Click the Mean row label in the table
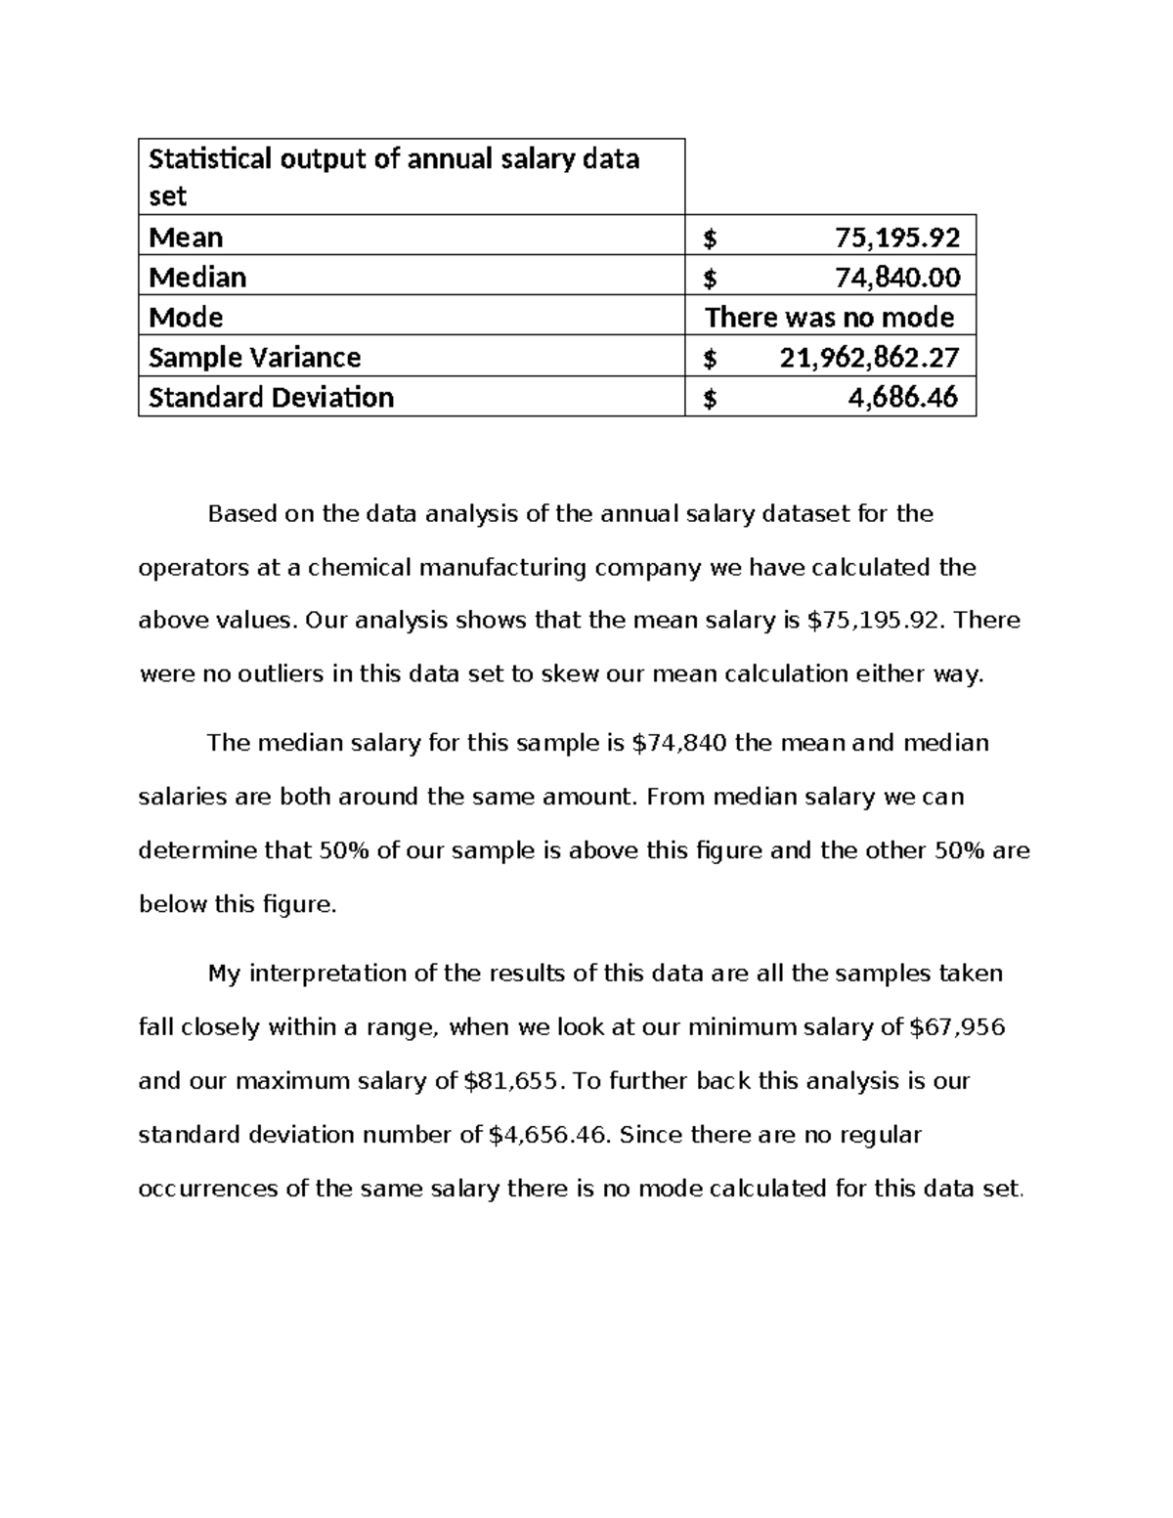(186, 238)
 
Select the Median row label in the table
(197, 278)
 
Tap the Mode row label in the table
(186, 318)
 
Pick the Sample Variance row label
(254, 358)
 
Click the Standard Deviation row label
(271, 398)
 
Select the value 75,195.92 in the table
(896, 238)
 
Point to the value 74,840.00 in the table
(896, 278)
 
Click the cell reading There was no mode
(829, 318)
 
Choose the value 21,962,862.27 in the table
(869, 358)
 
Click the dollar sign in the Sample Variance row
(710, 359)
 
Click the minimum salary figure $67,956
(957, 1027)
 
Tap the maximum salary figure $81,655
(512, 1081)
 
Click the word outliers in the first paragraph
(277, 674)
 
